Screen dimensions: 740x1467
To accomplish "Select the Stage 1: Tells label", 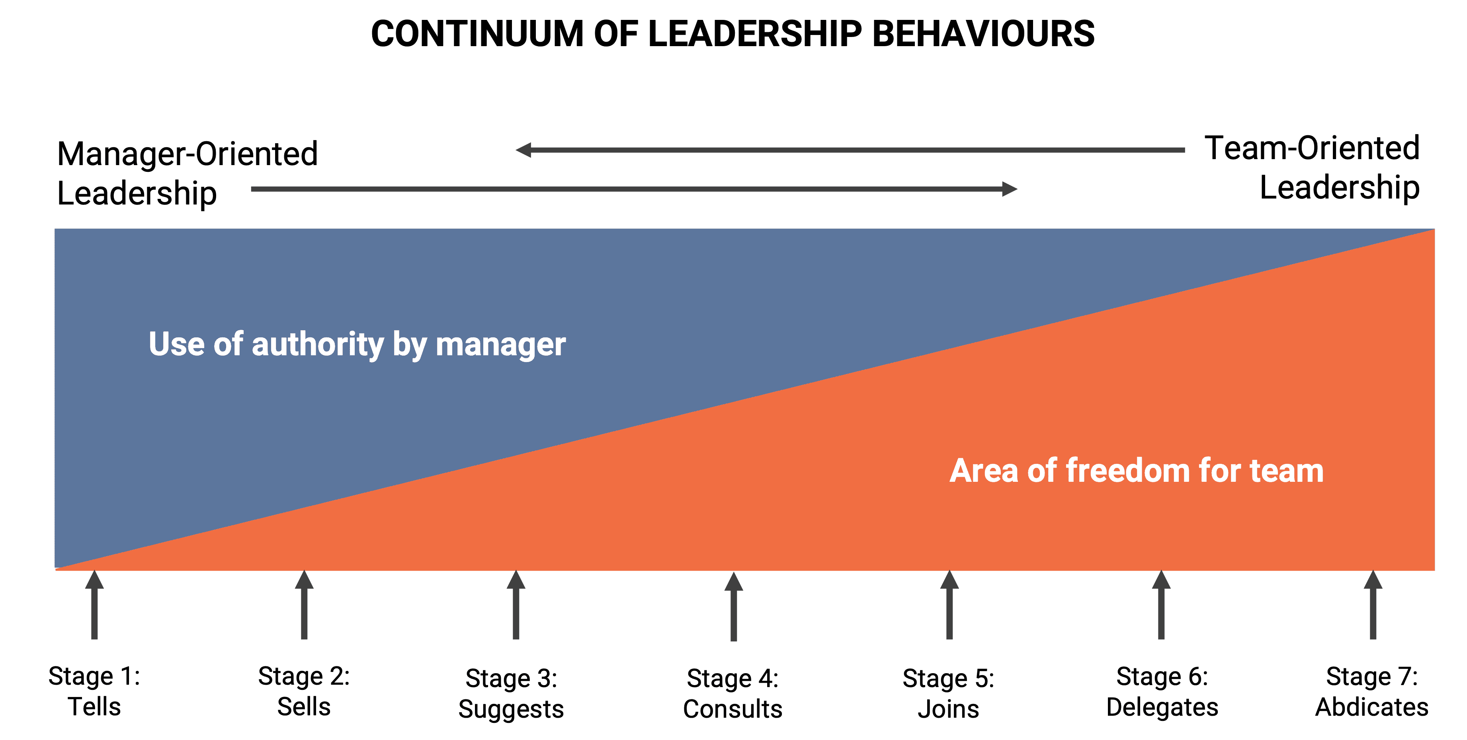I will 94,691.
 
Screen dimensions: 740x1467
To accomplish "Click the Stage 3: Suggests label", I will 511,694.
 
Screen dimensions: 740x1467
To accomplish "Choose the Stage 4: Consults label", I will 733,694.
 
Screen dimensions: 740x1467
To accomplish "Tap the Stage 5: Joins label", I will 948,694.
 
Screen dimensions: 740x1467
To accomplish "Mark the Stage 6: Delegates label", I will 1162,691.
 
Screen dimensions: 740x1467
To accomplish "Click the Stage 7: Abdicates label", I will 1371,691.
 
